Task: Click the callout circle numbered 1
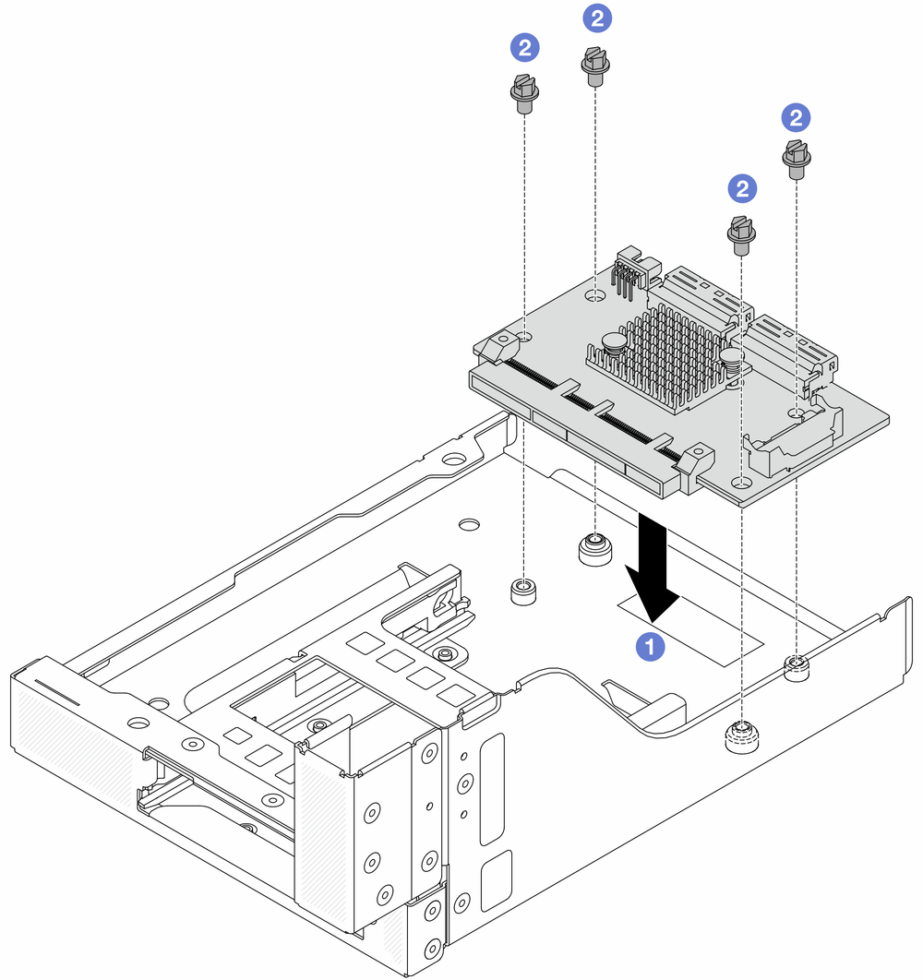(x=653, y=648)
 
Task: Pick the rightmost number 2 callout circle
(x=795, y=117)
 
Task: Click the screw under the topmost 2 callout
(x=593, y=67)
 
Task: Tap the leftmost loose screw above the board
(x=522, y=92)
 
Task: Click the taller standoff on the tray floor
(x=593, y=548)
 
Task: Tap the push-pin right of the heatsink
(x=733, y=359)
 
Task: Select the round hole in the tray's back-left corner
(x=453, y=459)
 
